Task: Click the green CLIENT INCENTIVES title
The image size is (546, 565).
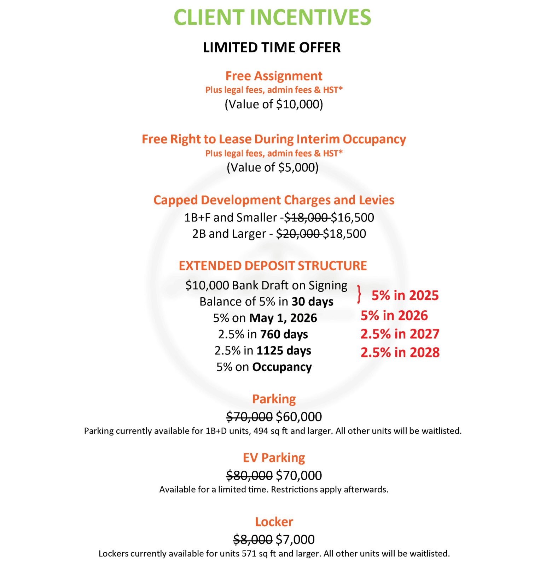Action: (272, 17)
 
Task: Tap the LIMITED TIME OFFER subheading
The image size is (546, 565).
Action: (272, 47)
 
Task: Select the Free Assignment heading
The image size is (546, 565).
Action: (274, 76)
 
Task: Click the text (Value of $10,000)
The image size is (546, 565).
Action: (274, 104)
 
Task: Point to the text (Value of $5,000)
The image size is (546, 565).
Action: (272, 167)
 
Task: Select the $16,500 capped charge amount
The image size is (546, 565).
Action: (352, 218)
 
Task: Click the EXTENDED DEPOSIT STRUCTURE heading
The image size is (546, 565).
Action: (273, 266)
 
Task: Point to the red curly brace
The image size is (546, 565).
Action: (359, 294)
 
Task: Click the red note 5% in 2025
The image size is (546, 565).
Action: (405, 295)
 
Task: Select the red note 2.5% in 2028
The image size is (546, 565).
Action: (400, 352)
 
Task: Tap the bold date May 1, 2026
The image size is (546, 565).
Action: (283, 318)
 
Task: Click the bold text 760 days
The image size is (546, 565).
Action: (284, 334)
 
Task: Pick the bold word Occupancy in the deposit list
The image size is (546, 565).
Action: (282, 367)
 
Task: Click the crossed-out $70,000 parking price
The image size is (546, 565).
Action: (249, 417)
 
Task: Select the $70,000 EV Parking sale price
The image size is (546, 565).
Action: (299, 475)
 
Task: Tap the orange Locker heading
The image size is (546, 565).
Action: (274, 522)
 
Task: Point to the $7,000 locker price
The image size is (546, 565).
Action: (295, 540)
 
